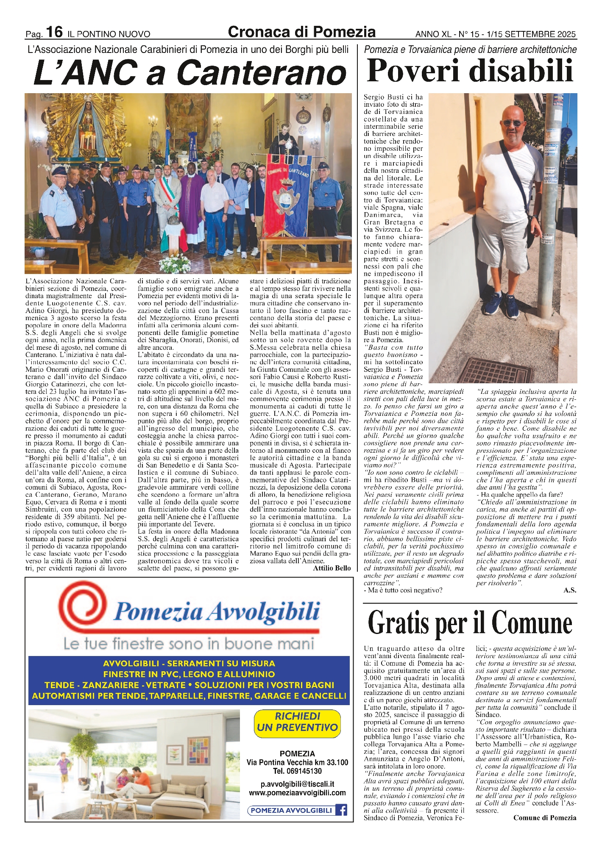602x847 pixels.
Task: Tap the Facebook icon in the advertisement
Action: (341, 810)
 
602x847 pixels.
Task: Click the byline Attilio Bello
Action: (332, 568)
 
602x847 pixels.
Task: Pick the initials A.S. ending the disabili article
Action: (570, 590)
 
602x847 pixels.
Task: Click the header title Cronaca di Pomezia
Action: (301, 32)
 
